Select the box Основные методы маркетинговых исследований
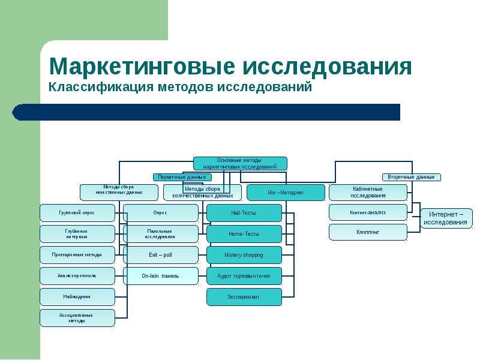[x=240, y=163]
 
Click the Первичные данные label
[x=182, y=177]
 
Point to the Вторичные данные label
[x=412, y=177]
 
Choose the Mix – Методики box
[x=285, y=193]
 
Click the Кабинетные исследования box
[x=368, y=193]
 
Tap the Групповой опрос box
[x=77, y=213]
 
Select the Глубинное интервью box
[x=77, y=234]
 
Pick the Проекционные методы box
[x=77, y=255]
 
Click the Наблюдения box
[x=77, y=296]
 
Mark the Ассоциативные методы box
[x=77, y=317]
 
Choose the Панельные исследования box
[x=161, y=234]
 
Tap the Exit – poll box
[x=161, y=255]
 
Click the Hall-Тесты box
[x=244, y=213]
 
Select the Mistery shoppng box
[x=244, y=255]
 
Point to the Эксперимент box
[x=244, y=296]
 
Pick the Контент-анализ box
[x=368, y=212]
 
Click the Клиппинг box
[x=368, y=232]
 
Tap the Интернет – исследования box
[x=446, y=218]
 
